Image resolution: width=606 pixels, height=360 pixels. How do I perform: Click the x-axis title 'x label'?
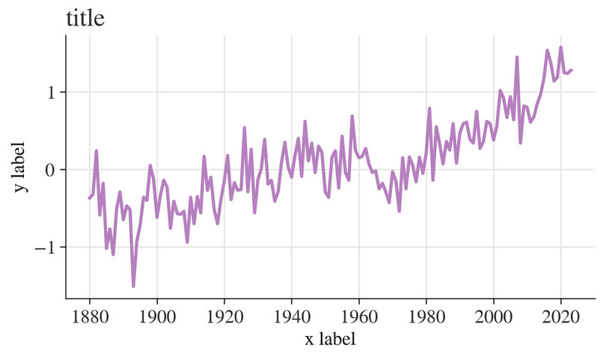point(330,338)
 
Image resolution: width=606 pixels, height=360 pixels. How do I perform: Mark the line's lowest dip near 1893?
point(133,286)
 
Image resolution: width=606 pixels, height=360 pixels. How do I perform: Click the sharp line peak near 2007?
point(517,57)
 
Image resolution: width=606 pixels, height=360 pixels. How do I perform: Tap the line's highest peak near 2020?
point(561,48)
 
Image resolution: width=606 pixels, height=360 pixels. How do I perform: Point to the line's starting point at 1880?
point(90,198)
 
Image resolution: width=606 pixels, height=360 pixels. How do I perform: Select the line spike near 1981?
point(429,109)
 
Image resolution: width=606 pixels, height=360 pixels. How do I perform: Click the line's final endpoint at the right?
point(572,70)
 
